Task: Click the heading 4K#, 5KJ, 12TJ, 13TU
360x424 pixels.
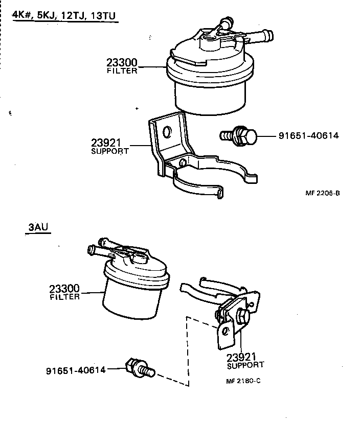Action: [x=65, y=15]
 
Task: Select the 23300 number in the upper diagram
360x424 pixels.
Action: [x=122, y=63]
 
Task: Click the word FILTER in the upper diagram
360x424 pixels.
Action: [x=122, y=72]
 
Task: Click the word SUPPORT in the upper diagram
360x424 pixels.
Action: [x=109, y=152]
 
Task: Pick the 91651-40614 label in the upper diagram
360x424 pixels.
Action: [x=308, y=136]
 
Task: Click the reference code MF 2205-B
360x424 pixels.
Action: [x=323, y=194]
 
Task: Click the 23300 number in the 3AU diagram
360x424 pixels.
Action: [x=64, y=289]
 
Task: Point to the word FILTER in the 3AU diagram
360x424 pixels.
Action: [x=64, y=297]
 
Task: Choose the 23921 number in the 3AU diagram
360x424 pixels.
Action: [x=241, y=356]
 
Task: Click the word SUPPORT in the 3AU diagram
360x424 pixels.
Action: [x=245, y=365]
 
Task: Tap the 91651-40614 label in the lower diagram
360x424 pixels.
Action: [x=76, y=370]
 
